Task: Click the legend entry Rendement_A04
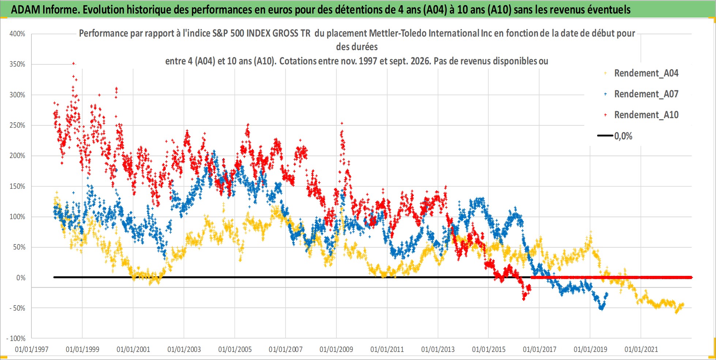point(641,73)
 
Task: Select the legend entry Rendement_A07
point(641,94)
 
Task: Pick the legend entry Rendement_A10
point(641,115)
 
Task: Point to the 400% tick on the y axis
point(17,34)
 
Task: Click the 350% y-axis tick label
point(17,64)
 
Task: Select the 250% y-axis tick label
point(17,125)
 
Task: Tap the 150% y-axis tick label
point(17,186)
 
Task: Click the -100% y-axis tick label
point(16,339)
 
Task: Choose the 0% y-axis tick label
point(21,278)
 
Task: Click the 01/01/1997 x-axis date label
point(32,349)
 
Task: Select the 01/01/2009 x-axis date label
point(336,349)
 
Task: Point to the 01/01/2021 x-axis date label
point(641,349)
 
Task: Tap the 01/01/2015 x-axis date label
point(489,349)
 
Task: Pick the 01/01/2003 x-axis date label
point(184,349)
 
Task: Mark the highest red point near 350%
point(74,64)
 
